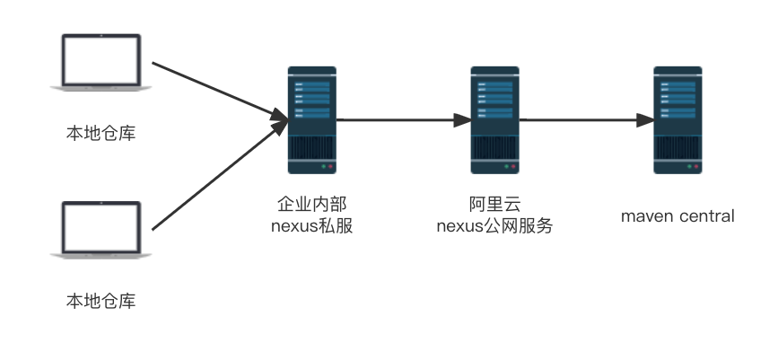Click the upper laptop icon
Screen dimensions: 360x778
point(101,64)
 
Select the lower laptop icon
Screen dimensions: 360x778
point(101,231)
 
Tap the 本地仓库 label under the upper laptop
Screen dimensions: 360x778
point(101,133)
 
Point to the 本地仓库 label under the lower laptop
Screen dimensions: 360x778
point(101,301)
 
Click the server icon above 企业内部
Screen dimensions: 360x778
point(311,120)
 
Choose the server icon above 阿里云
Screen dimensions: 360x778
point(494,120)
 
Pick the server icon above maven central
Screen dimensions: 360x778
point(677,120)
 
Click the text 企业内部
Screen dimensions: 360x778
point(311,206)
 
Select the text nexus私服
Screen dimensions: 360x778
point(311,226)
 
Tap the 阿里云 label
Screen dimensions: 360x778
point(494,206)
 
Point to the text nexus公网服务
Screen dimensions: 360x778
point(494,226)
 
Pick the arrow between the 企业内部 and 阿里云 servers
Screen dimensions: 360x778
point(403,119)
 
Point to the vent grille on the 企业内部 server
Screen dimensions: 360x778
point(311,146)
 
